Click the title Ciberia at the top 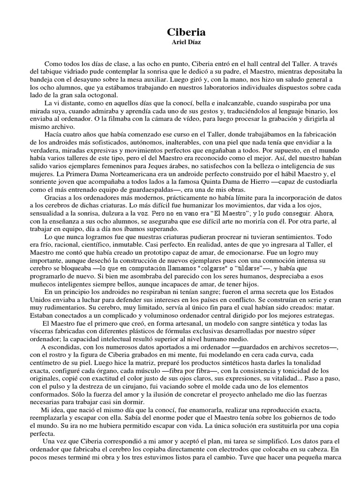[x=180, y=32]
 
